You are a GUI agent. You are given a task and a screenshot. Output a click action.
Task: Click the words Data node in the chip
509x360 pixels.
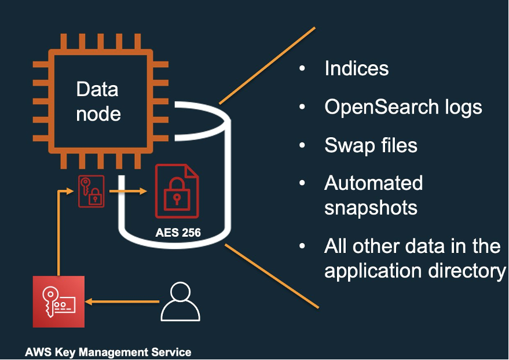point(97,101)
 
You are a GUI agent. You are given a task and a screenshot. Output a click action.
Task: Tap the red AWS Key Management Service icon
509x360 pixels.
point(58,302)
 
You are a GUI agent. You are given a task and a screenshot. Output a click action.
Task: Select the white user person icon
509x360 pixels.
point(180,302)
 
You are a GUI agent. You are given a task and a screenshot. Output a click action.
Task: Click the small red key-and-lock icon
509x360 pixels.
point(91,191)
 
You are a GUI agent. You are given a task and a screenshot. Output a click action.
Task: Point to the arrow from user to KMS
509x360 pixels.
point(122,302)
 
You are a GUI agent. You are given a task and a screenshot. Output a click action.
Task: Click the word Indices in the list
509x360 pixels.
point(356,68)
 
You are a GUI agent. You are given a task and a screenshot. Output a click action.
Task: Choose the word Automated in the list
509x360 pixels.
point(373,183)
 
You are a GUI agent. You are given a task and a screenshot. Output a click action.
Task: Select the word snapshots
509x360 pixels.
point(371,207)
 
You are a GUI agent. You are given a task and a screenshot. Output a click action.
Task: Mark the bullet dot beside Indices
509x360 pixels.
point(302,69)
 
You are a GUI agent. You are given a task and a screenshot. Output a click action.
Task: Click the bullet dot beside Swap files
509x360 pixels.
point(302,145)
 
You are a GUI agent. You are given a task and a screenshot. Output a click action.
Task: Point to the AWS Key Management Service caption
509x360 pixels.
point(108,351)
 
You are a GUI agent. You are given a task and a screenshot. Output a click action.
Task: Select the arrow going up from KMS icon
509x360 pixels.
point(58,232)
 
